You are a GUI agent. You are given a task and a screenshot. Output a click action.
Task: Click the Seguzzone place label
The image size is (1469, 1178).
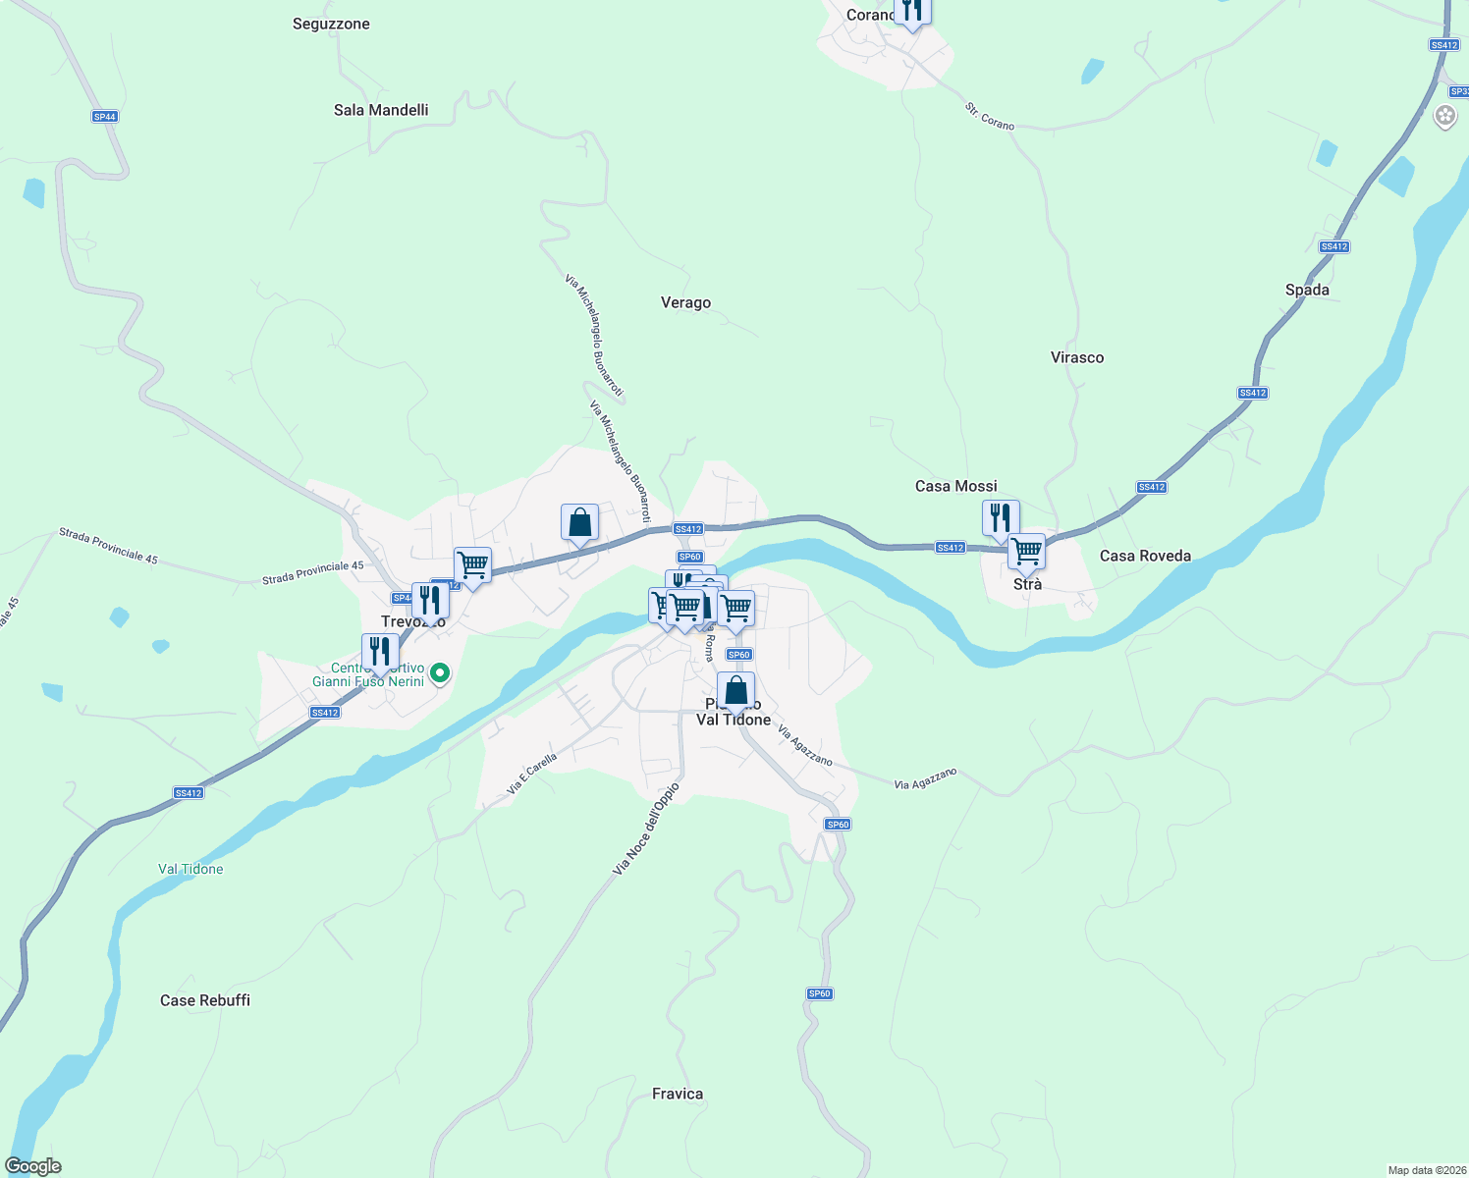point(331,24)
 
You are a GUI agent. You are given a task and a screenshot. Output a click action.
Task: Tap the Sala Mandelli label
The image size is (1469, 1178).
point(381,110)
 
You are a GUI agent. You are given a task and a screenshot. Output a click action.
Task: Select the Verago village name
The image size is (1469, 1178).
point(685,302)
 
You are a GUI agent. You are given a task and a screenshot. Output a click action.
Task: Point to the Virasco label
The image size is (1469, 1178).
point(1077,357)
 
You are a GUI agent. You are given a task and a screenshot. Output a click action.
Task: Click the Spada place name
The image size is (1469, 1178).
point(1307,290)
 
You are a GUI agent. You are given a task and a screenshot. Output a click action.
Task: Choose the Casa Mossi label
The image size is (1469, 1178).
point(955,486)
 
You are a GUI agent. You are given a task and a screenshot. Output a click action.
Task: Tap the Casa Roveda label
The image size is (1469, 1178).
point(1145,556)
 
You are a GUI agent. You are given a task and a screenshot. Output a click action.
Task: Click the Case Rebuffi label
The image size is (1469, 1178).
point(205,1000)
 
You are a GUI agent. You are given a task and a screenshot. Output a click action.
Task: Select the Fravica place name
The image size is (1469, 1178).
point(678,1094)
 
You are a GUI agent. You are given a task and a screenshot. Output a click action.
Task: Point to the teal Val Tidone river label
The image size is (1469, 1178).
point(190,869)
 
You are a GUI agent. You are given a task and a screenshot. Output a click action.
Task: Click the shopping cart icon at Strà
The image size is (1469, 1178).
point(1026,552)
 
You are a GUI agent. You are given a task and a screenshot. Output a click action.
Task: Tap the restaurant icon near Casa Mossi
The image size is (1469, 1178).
point(1001,517)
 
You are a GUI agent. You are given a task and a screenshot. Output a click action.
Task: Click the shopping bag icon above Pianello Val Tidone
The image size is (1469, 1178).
point(735,690)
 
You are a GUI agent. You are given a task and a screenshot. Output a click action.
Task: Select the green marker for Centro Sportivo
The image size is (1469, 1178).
point(440,673)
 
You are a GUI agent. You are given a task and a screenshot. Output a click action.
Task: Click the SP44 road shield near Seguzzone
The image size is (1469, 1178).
point(105,117)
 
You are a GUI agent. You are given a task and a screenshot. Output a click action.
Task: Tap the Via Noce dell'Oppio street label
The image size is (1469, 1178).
point(645,830)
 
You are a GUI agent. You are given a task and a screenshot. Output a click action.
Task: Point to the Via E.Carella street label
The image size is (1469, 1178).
point(532,774)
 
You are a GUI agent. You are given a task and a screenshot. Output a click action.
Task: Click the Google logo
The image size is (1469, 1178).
point(33,1166)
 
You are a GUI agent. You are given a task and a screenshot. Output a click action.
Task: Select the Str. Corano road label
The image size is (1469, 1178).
point(989,117)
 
